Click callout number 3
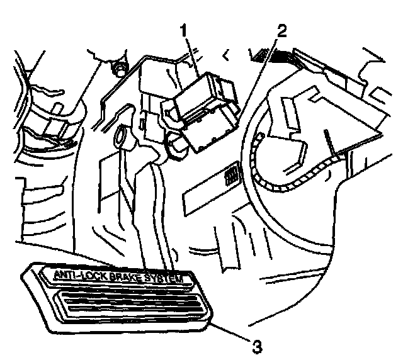256,345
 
